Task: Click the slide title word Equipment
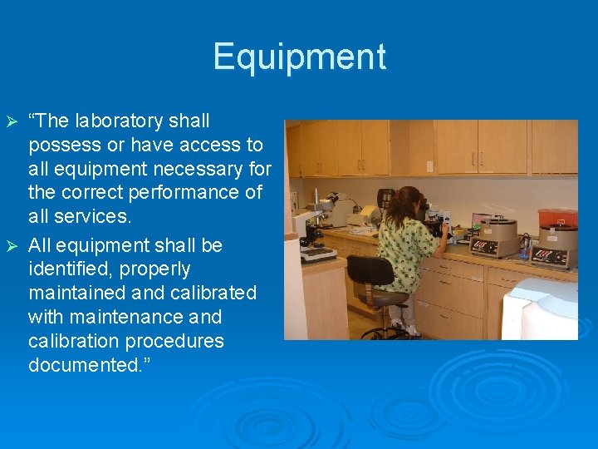point(299,57)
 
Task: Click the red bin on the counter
point(557,219)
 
